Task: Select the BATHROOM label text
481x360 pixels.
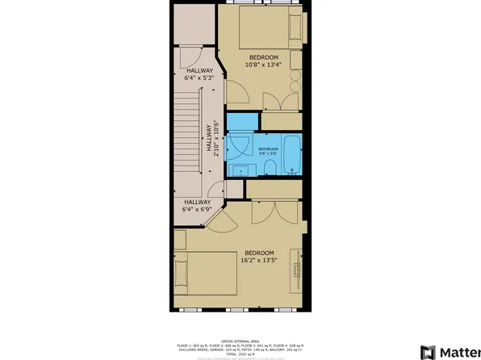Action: click(269, 149)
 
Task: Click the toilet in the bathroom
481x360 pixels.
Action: click(270, 168)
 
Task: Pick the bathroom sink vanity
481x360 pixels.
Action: click(240, 170)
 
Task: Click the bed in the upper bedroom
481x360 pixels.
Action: click(274, 31)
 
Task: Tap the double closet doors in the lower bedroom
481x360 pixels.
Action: click(274, 211)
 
